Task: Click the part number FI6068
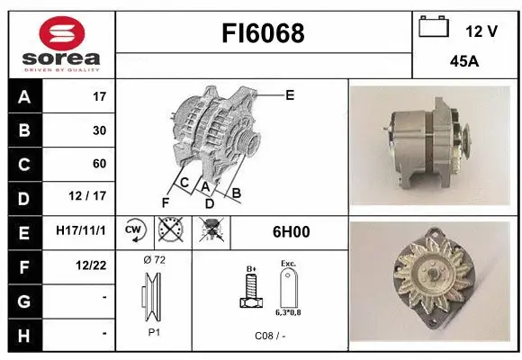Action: pos(263,33)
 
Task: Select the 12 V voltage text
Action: pos(481,31)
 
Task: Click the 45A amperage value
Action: pos(463,64)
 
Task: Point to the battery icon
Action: pos(434,28)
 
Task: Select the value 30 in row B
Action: pos(99,130)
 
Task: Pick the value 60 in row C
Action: pos(99,164)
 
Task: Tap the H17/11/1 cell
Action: pos(81,231)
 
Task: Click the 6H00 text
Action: pos(291,232)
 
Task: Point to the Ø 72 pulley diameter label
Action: pos(154,260)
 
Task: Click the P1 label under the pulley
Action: pos(154,331)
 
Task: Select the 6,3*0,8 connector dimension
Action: pos(289,311)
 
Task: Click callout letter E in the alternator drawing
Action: pos(290,94)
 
